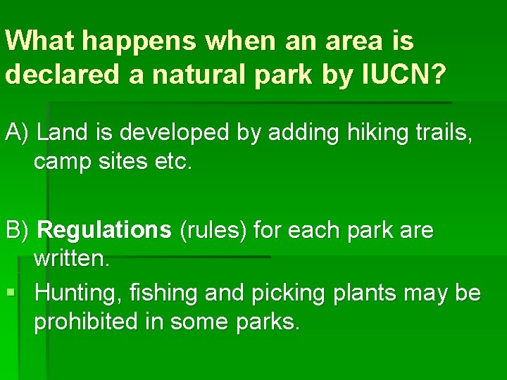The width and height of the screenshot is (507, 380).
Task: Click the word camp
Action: tap(63, 163)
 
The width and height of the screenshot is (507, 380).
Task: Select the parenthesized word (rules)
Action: tap(213, 230)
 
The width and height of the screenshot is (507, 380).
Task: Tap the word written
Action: tap(72, 260)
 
